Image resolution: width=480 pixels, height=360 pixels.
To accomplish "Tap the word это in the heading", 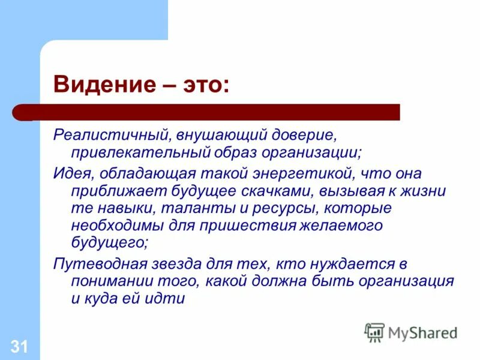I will (x=200, y=85).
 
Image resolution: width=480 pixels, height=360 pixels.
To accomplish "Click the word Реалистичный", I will (x=102, y=136).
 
